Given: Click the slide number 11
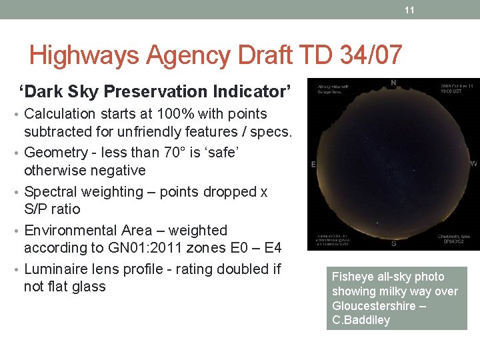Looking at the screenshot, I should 409,10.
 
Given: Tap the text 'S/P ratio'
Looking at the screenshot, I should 52,209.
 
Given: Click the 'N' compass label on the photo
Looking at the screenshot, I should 393,84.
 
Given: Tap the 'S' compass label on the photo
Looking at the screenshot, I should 393,243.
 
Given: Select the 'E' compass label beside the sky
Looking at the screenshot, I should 313,164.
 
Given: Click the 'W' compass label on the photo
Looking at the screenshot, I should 473,164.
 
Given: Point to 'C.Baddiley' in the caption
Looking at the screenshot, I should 361,320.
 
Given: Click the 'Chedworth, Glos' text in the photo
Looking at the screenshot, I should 455,236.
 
